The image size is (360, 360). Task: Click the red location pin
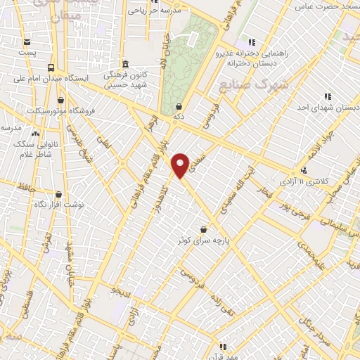coord(181,165)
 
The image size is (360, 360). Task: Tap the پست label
coord(27,53)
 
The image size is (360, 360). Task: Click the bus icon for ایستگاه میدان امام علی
coord(51,67)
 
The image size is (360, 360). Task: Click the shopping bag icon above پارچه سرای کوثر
coord(203,229)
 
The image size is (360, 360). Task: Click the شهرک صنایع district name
coord(244,84)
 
